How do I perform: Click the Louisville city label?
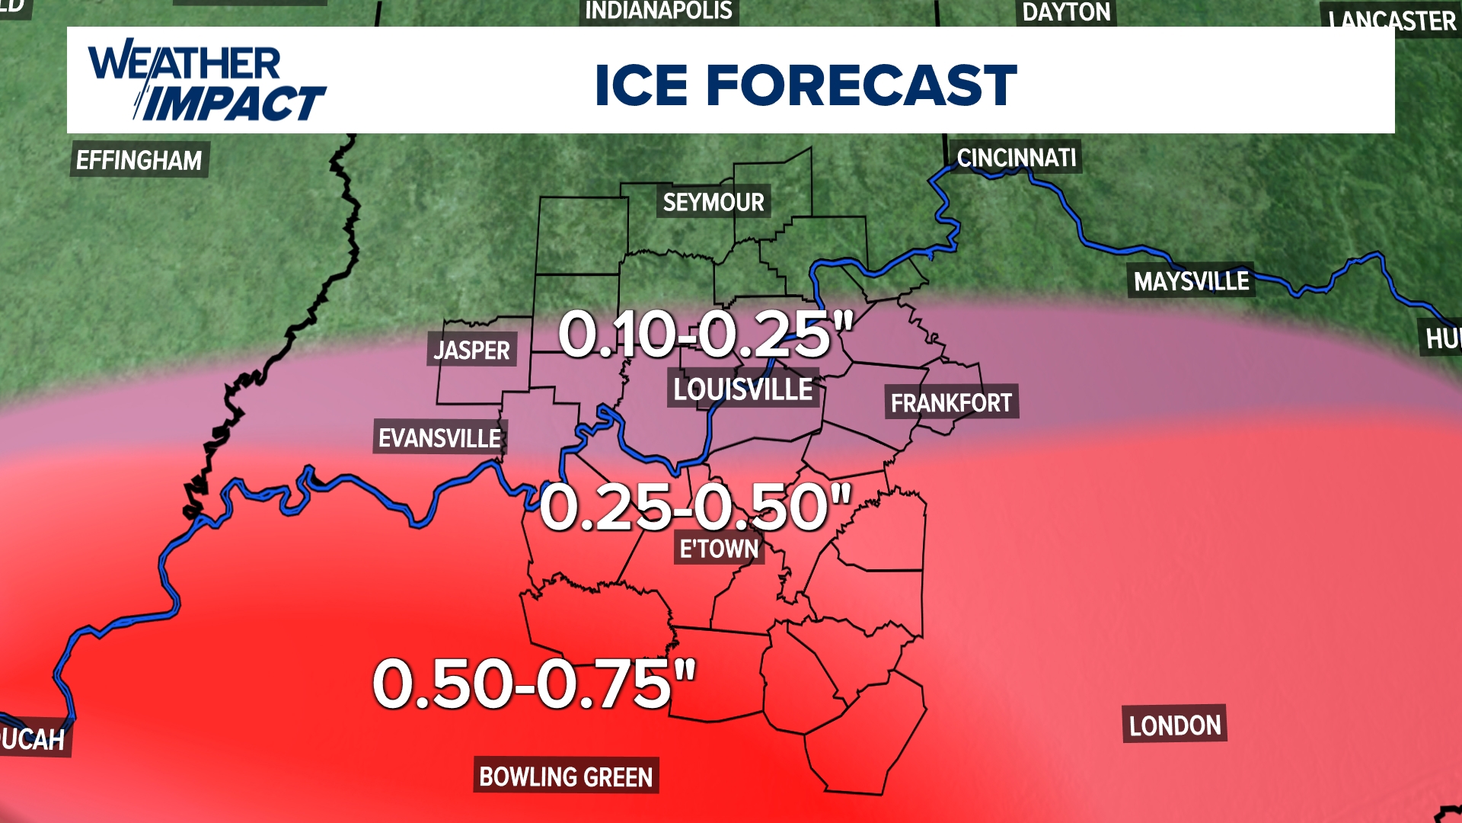click(x=743, y=389)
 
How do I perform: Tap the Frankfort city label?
click(x=951, y=402)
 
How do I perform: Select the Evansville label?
click(x=439, y=438)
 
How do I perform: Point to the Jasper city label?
click(x=471, y=350)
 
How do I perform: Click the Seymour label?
click(x=713, y=202)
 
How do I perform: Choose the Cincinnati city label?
click(x=1016, y=158)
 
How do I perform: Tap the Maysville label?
click(x=1191, y=281)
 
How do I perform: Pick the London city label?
click(x=1174, y=725)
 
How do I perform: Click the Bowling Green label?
click(x=566, y=776)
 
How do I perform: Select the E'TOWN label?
click(x=719, y=548)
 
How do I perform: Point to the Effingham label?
click(x=139, y=160)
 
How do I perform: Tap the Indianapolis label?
click(x=659, y=11)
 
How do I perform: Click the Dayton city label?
click(x=1066, y=12)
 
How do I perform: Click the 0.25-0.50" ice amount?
click(x=694, y=507)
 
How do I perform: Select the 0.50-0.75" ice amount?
click(x=534, y=684)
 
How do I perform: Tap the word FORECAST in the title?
click(x=861, y=85)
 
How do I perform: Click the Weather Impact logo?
click(x=206, y=82)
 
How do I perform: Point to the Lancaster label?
click(x=1392, y=20)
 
